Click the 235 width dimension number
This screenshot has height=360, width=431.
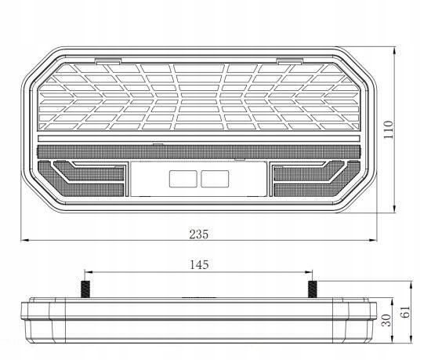click(x=199, y=234)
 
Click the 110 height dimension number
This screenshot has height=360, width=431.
click(x=389, y=129)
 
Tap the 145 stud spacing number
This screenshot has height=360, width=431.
click(x=199, y=264)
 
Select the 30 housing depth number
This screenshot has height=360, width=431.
click(x=386, y=320)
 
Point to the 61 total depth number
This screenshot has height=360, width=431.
click(x=405, y=312)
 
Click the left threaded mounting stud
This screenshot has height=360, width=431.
click(x=85, y=289)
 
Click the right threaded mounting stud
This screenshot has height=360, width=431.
click(x=312, y=289)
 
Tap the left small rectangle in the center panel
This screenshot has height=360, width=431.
click(x=183, y=179)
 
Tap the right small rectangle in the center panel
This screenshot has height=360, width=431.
click(x=215, y=179)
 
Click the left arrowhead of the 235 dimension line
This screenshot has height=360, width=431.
click(x=25, y=240)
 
